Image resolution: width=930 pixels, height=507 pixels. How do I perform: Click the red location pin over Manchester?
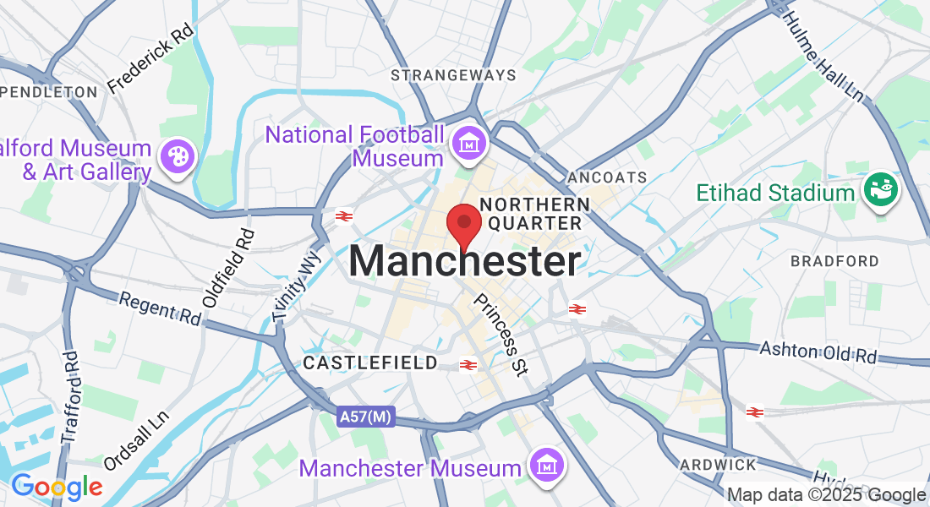pos(464,224)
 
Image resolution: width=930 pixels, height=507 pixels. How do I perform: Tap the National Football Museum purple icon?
pos(468,144)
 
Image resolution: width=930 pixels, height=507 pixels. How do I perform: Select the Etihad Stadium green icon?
pos(880,191)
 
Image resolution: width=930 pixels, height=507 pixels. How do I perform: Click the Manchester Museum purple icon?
pos(546,466)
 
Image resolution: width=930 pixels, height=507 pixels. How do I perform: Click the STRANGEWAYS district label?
pos(453,75)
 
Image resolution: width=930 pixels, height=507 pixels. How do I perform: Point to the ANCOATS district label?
pos(608,177)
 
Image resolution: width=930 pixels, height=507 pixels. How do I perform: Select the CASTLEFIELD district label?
pos(370,363)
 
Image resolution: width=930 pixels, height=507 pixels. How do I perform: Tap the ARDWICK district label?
pos(719,465)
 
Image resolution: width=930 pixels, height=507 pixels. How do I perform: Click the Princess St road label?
pos(501,334)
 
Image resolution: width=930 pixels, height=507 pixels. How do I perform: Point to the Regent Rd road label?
pos(161,308)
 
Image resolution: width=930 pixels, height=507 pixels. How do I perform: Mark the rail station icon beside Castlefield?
pos(468,365)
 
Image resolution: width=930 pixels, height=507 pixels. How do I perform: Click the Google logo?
pos(57,487)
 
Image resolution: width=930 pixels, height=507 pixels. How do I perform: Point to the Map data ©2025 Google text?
pos(826,495)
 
